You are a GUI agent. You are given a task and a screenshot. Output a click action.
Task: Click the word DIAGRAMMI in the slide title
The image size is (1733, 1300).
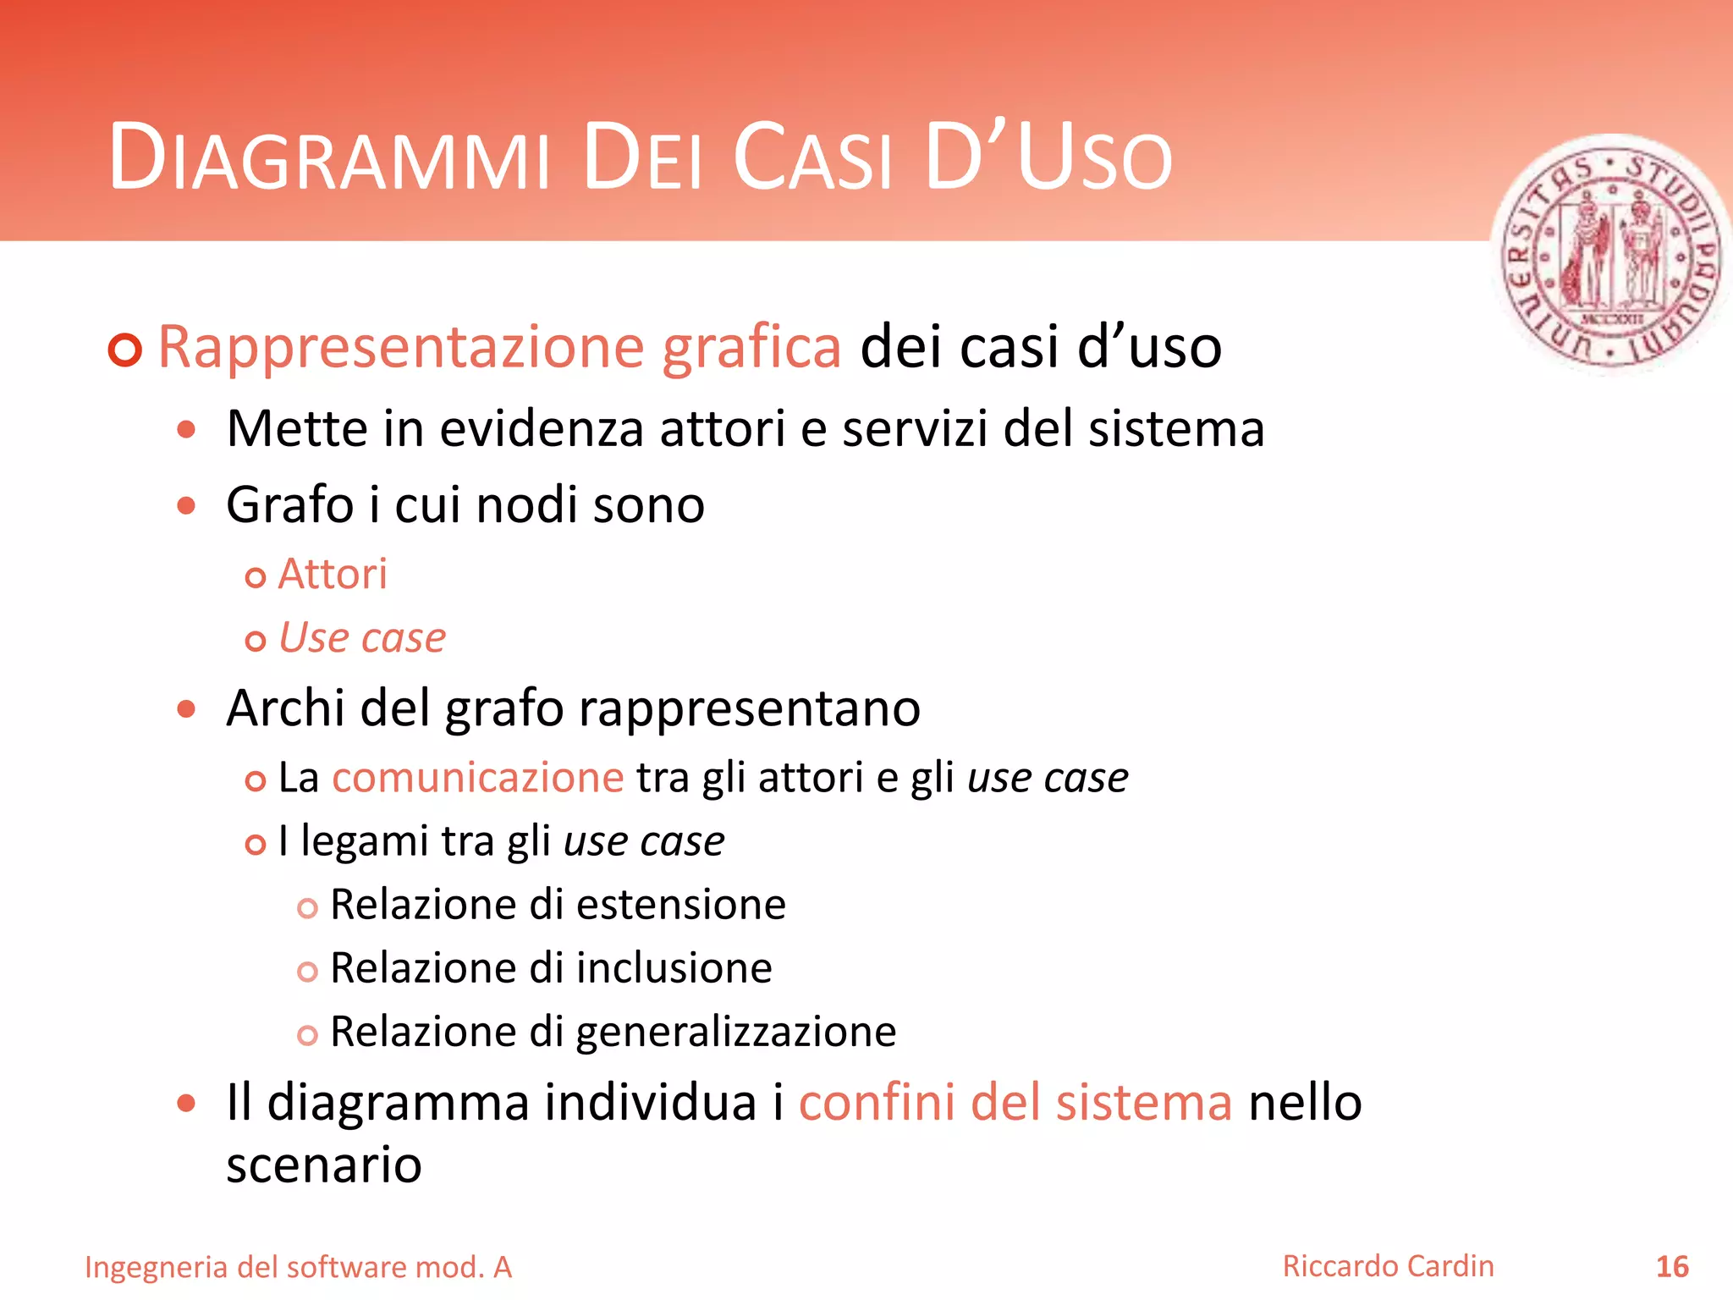[x=330, y=159]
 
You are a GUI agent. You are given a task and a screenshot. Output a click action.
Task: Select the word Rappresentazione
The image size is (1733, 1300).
[x=401, y=347]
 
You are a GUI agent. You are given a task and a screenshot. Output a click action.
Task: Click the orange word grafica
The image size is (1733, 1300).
[x=751, y=347]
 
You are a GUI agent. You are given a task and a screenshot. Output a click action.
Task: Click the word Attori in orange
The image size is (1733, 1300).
[x=333, y=575]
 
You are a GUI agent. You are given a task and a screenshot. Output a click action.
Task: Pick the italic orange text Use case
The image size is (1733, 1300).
[x=362, y=638]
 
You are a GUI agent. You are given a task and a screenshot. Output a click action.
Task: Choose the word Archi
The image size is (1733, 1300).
[x=285, y=708]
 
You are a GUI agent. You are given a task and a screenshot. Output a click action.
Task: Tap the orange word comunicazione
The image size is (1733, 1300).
[x=478, y=778]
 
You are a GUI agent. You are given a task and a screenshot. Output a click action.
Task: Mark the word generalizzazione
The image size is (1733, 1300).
[x=736, y=1033]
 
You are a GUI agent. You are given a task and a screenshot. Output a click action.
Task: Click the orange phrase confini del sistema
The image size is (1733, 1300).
[x=1015, y=1103]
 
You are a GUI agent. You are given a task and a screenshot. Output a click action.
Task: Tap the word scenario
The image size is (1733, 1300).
[x=324, y=1165]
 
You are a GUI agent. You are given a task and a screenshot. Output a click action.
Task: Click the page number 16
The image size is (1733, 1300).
[x=1671, y=1267]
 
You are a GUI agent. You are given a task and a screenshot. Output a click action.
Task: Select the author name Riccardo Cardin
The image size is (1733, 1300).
[x=1388, y=1266]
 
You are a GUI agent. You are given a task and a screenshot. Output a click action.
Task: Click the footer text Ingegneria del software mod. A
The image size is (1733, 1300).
[x=299, y=1267]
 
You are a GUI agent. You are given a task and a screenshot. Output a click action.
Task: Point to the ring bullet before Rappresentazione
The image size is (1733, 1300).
[x=125, y=350]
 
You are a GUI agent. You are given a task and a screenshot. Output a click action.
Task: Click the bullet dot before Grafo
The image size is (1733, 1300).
[x=187, y=506]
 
